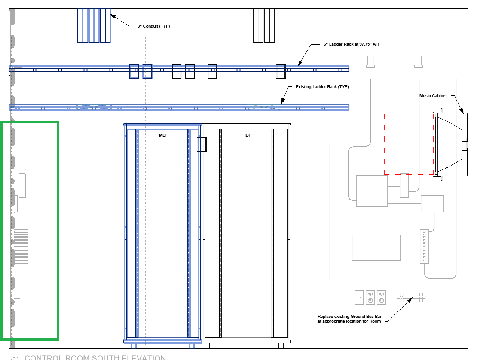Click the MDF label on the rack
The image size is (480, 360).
163,135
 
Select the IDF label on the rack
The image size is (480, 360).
248,135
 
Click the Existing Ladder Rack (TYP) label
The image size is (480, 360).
322,87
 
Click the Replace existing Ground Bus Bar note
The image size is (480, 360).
349,319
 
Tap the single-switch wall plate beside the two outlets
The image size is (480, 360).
359,297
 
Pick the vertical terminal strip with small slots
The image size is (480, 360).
425,246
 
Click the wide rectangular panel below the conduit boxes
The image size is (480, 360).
376,247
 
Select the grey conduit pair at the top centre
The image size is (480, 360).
263,25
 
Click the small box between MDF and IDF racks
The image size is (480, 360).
202,144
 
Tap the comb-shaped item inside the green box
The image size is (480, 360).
21,246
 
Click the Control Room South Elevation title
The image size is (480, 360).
95,357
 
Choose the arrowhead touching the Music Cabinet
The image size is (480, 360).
461,112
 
